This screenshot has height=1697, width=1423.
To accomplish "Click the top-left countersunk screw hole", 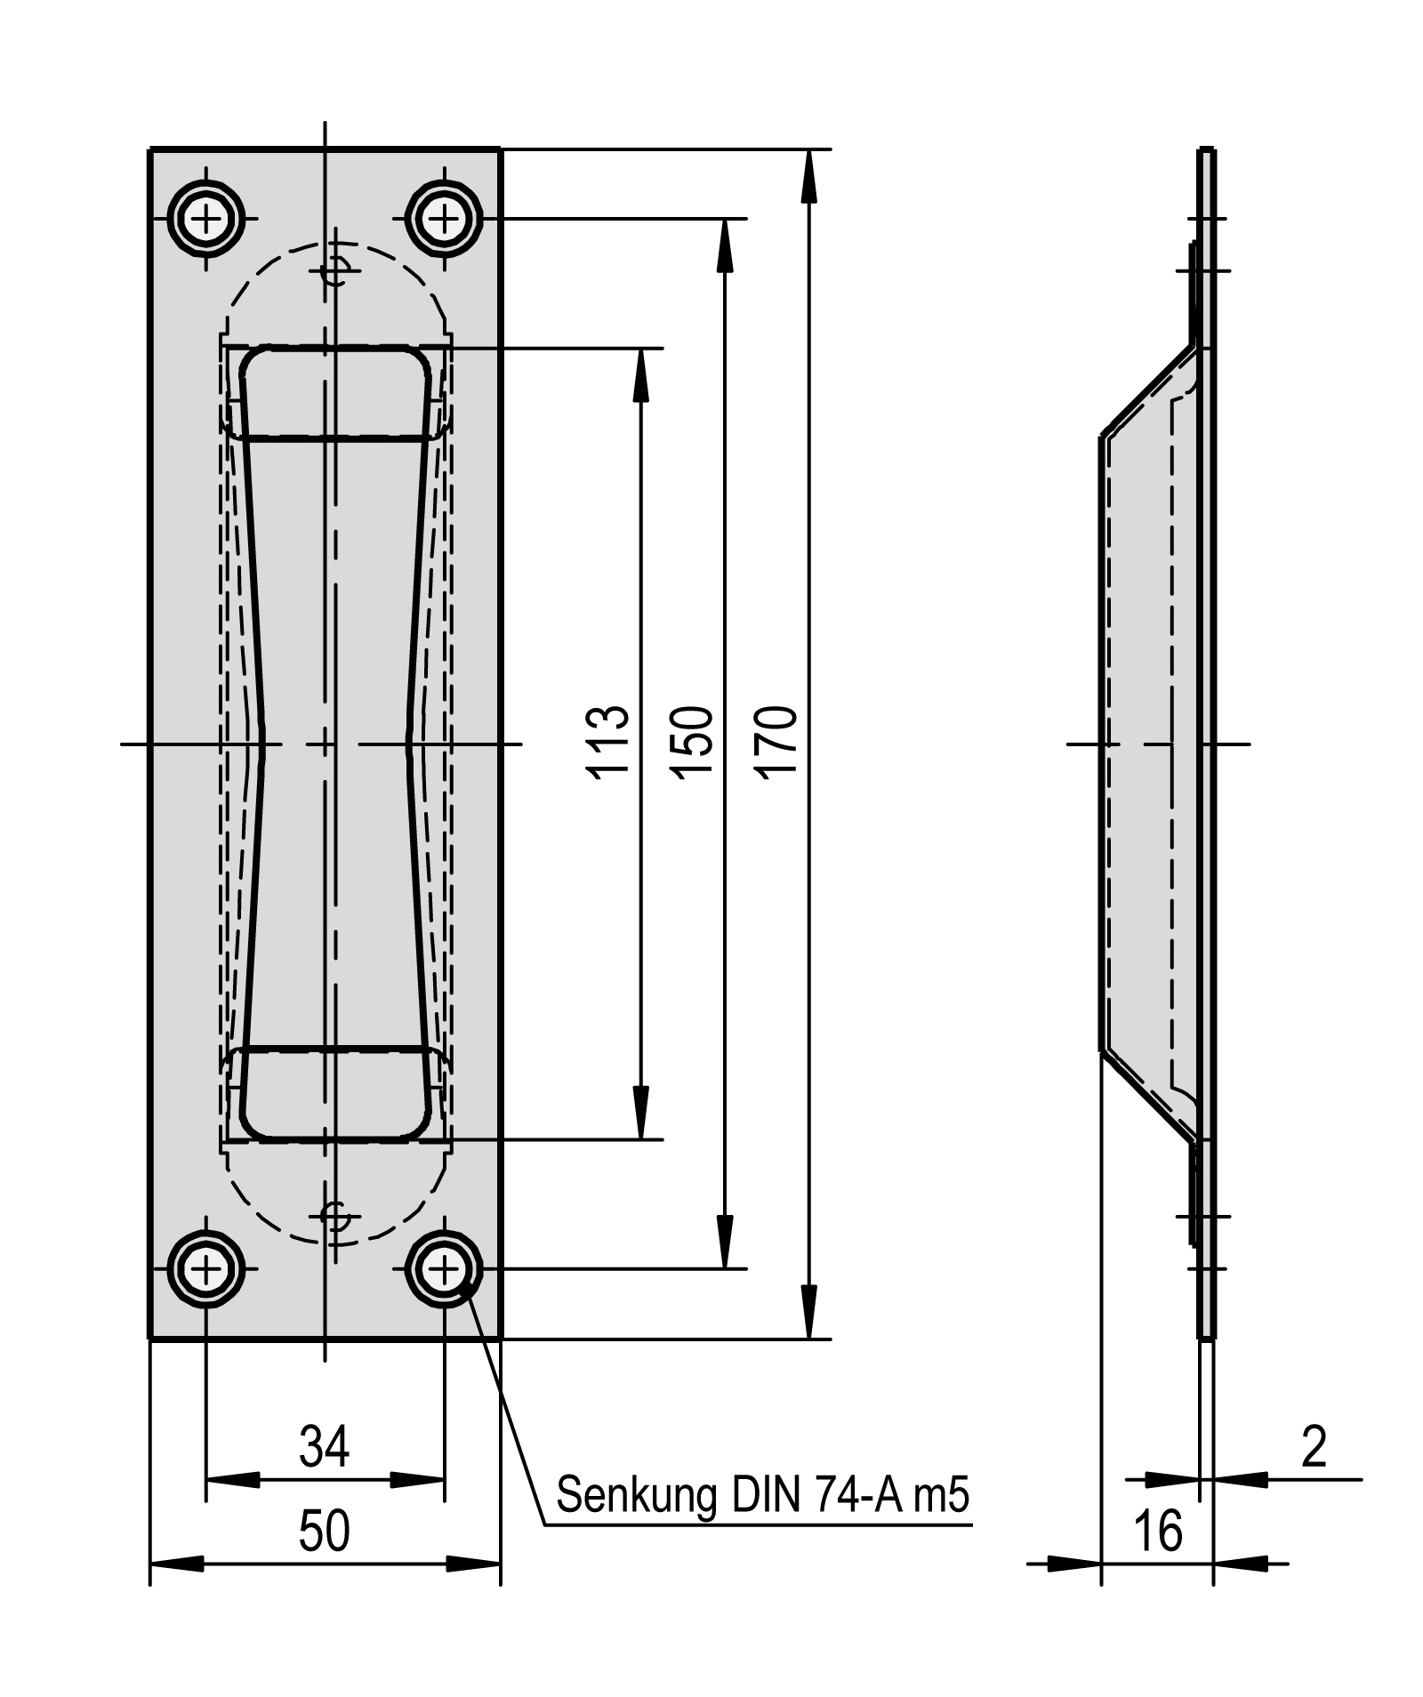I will click(205, 218).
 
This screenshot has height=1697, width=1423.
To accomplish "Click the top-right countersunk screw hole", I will click(444, 218).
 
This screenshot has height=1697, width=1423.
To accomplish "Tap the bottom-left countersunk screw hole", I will click(205, 1269).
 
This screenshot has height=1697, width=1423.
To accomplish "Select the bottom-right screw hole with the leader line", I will click(444, 1269).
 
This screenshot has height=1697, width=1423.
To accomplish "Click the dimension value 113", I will click(608, 743).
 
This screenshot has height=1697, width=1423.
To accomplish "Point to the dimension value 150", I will click(692, 743).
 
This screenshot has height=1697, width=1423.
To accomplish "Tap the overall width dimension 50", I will click(325, 1532).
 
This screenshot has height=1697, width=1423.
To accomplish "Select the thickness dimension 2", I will click(1313, 1446).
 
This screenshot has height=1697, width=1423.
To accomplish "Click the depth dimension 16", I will click(1158, 1532).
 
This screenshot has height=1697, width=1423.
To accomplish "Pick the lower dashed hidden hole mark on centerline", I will click(335, 1217).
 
